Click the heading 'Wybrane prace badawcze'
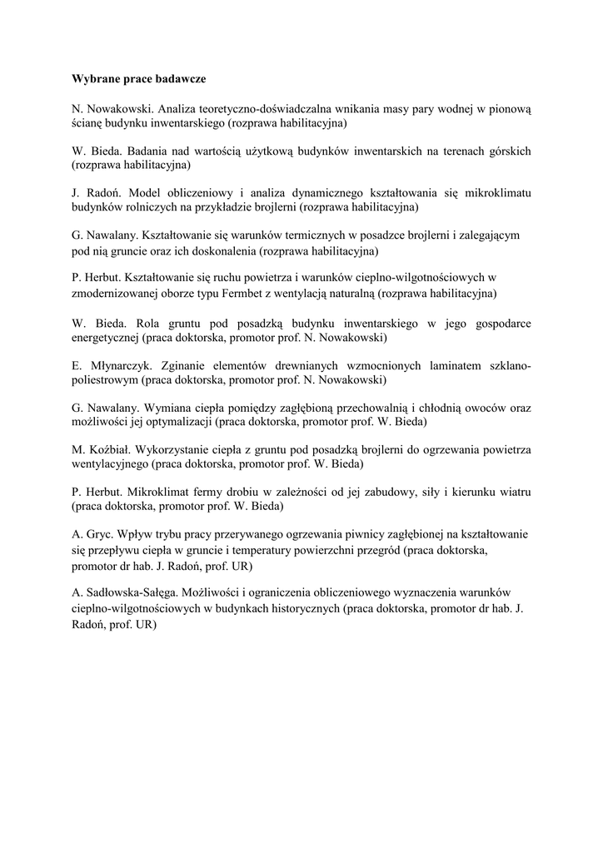point(138,79)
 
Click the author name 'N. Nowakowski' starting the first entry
point(111,109)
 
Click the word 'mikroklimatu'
point(496,192)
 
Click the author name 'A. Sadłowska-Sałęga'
point(125,592)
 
